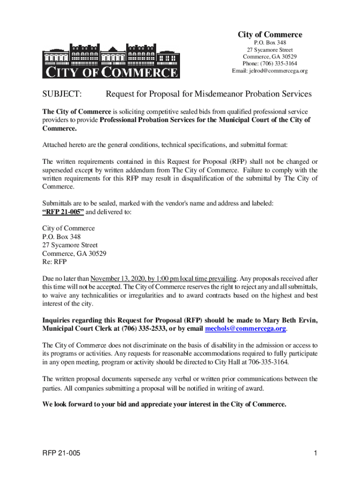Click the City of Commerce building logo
pos(110,61)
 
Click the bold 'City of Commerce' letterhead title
pos(270,35)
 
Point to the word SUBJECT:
pos(62,94)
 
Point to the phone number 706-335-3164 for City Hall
pos(268,362)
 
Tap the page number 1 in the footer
pos(316,453)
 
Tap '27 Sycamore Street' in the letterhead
pos(270,50)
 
